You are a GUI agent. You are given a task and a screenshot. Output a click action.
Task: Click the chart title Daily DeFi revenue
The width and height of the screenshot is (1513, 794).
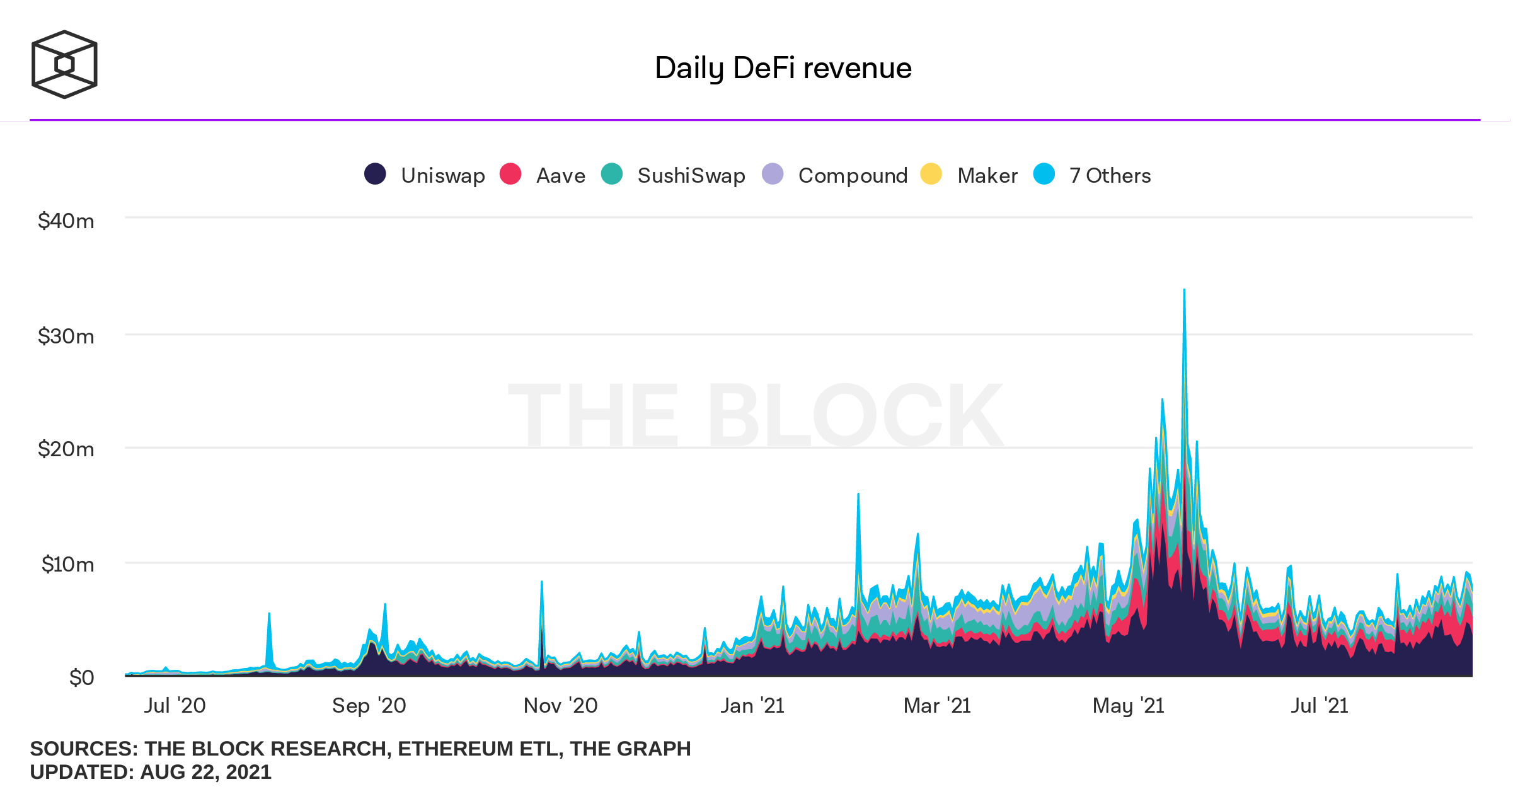click(783, 68)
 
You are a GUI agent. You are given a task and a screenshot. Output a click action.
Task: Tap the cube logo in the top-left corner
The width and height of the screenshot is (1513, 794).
click(64, 64)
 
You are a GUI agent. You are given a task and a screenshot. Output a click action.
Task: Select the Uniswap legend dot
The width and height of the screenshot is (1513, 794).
click(375, 174)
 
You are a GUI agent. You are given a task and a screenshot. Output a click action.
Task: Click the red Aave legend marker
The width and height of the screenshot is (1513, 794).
click(510, 174)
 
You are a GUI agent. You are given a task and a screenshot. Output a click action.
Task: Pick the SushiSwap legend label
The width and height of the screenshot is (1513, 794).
click(691, 175)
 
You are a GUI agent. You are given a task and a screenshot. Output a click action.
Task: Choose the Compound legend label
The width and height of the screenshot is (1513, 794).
click(853, 175)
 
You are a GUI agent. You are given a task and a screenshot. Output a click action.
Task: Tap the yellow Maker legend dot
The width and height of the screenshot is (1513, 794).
click(931, 174)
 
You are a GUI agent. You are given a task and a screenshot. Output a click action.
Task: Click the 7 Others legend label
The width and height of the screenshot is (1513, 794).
click(1110, 175)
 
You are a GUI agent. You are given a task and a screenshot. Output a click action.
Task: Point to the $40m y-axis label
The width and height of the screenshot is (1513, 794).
click(66, 221)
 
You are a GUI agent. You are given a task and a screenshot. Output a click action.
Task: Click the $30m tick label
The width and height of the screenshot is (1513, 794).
click(66, 336)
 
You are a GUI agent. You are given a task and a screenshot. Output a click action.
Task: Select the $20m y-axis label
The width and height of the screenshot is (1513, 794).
click(66, 449)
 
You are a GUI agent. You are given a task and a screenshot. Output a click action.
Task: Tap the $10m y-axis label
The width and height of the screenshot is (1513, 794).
click(67, 564)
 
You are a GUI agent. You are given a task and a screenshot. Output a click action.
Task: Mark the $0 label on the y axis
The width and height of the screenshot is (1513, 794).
click(82, 677)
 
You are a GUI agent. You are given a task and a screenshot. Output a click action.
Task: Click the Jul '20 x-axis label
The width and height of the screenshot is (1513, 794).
click(175, 705)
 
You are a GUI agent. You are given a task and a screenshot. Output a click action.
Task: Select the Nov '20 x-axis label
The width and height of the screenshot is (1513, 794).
click(560, 705)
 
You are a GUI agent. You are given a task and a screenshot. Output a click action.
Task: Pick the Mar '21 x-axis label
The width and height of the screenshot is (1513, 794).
click(937, 705)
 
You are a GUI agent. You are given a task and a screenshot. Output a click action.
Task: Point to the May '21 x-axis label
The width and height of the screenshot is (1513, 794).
click(1128, 705)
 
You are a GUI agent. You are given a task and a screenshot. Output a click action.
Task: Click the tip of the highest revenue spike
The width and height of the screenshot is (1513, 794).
click(1184, 291)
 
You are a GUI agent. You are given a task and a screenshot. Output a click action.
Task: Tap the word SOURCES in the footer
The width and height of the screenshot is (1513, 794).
click(84, 749)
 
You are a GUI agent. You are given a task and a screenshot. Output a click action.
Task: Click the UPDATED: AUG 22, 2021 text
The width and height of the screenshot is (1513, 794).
click(151, 772)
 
